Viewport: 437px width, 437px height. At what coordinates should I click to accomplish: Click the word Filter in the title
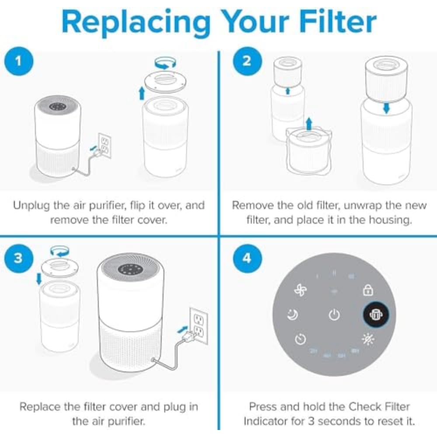tap(332, 21)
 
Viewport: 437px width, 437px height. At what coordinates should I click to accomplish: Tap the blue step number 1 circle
tap(18, 61)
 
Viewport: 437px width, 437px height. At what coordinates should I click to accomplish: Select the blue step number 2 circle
tap(247, 61)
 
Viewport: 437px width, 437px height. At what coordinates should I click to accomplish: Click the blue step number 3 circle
tap(18, 258)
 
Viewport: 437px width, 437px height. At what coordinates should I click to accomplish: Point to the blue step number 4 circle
tap(247, 258)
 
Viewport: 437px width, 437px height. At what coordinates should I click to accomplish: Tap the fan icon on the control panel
tap(301, 291)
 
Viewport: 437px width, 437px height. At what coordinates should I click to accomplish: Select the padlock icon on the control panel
tap(368, 290)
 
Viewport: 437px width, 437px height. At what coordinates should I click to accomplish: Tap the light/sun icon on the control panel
tap(368, 339)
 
